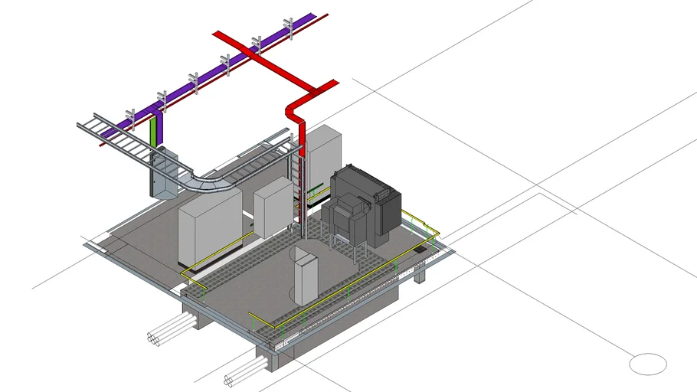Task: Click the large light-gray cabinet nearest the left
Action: pyautogui.click(x=208, y=227)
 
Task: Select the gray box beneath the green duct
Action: pyautogui.click(x=164, y=175)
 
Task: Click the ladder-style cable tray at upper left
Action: pyautogui.click(x=115, y=134)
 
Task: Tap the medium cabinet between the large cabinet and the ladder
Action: pyautogui.click(x=272, y=207)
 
